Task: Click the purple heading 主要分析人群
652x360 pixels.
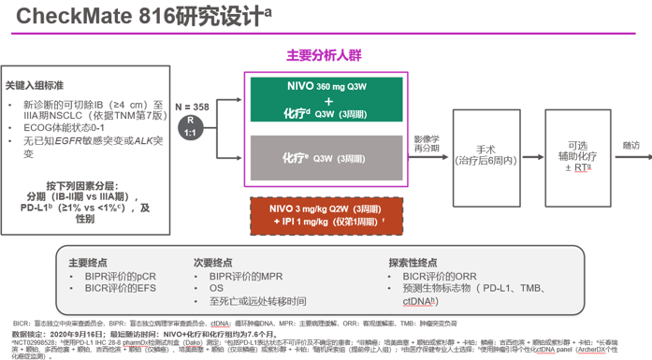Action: (324, 56)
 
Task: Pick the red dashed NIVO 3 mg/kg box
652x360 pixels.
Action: (327, 215)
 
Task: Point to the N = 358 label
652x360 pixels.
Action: (192, 108)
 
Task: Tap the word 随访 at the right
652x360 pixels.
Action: (631, 146)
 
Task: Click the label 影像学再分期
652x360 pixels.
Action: (427, 143)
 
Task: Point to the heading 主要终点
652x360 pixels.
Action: (90, 264)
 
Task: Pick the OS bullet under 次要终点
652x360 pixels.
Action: (216, 289)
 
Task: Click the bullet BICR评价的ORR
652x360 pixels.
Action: (440, 277)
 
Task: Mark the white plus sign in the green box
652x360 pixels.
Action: (328, 101)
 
